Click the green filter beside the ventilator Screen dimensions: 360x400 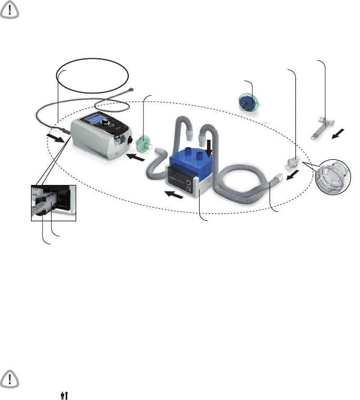141,143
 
